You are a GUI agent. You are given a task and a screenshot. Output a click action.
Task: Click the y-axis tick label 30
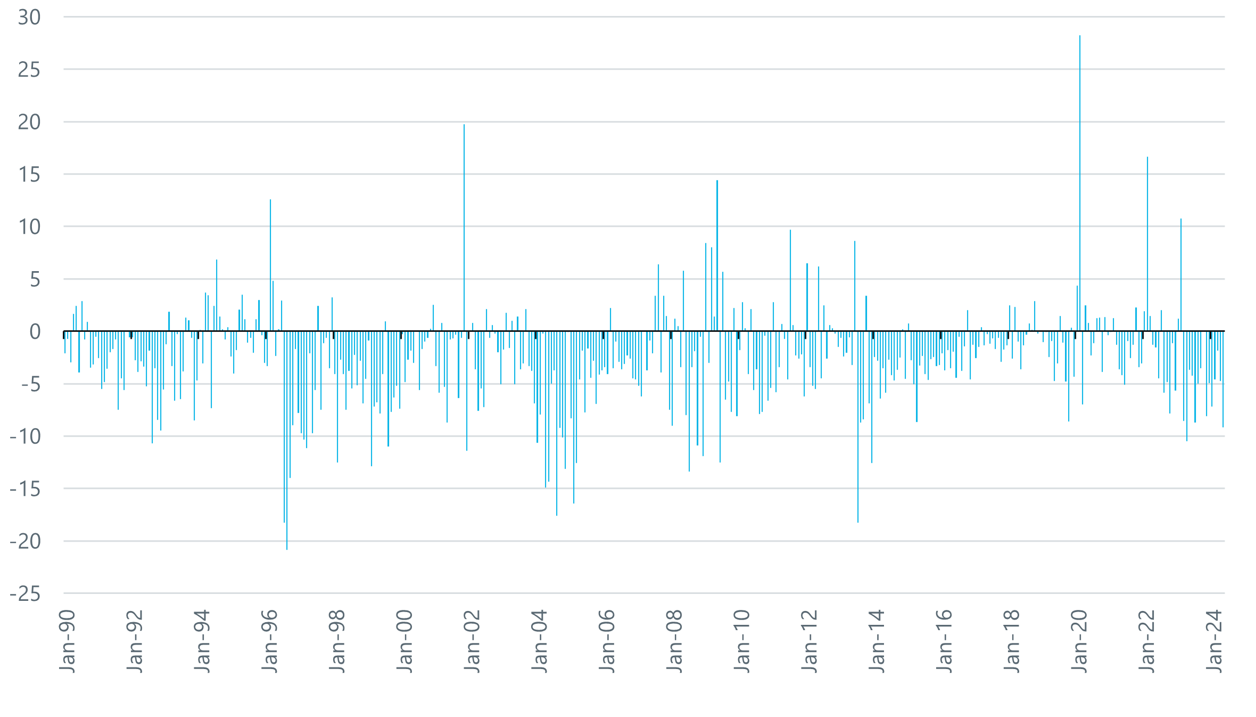pos(29,18)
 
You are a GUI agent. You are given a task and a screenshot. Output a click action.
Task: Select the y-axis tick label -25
pos(26,593)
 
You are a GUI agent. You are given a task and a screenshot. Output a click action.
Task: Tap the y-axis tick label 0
pos(35,332)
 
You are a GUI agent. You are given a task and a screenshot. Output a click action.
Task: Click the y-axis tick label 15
pos(29,175)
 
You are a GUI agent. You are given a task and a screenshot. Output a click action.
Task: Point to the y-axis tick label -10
pos(26,437)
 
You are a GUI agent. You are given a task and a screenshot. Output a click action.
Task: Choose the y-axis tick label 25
pos(29,70)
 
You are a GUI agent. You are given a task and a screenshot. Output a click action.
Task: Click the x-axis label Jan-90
pos(68,641)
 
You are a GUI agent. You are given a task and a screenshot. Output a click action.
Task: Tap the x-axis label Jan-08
pos(675,641)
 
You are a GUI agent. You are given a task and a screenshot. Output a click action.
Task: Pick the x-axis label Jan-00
pos(405,641)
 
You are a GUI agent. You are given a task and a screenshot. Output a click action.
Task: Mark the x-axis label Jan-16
pos(945,641)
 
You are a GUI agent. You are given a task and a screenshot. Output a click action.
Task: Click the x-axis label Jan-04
pos(540,641)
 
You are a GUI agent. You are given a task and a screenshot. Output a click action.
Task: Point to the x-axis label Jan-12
pos(809,641)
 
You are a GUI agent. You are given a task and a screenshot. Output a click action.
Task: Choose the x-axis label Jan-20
pos(1080,641)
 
